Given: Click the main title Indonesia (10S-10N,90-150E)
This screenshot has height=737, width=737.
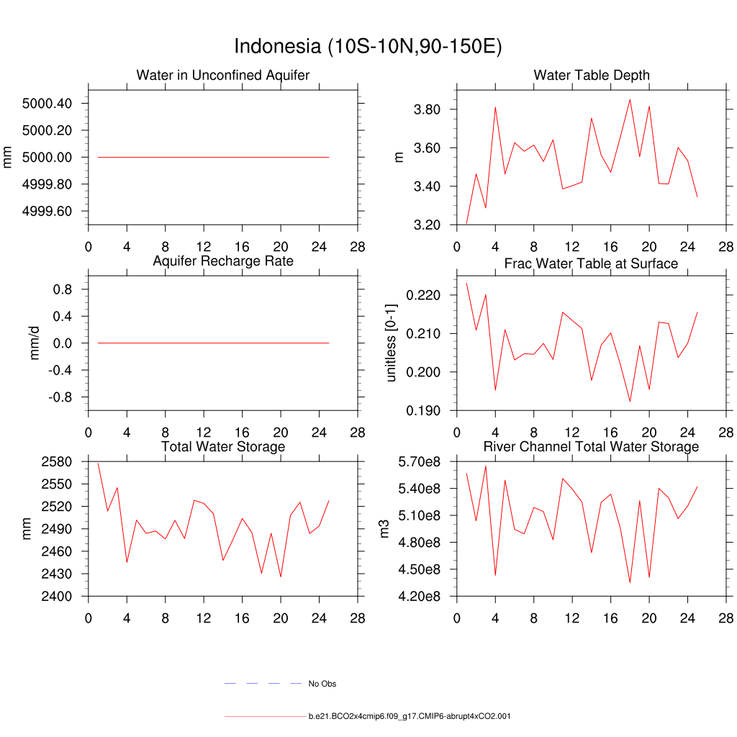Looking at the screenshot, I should (368, 47).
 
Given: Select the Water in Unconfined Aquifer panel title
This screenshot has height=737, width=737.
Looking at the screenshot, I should (223, 75).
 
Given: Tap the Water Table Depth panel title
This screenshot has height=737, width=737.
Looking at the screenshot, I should (592, 75).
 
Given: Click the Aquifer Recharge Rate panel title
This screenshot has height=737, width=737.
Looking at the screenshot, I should (223, 261).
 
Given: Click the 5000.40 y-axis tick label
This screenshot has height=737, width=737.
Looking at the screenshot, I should (48, 104).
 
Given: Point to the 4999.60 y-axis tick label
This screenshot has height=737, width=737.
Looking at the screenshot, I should (48, 212).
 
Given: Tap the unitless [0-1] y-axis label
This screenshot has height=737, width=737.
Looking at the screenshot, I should (392, 343).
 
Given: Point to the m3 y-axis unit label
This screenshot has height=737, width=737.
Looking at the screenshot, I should (384, 529).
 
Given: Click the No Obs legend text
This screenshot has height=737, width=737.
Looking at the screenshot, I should (322, 684).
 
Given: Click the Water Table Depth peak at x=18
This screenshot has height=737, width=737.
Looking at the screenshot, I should (630, 99).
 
